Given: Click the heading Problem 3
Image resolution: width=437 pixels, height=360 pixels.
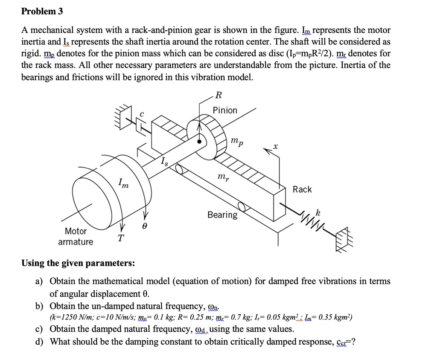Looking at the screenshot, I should click(x=42, y=12).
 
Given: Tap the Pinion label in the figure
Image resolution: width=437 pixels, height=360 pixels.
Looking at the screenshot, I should click(x=225, y=110).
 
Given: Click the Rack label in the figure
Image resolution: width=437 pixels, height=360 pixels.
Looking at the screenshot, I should click(x=302, y=189).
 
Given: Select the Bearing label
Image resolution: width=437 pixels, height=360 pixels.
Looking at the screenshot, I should click(x=222, y=215).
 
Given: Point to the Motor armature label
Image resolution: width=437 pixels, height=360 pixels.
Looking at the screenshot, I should click(x=76, y=236).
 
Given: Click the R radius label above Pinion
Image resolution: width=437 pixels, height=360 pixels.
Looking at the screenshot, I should click(x=219, y=95).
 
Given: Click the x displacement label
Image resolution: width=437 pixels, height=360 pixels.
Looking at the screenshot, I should click(x=276, y=146).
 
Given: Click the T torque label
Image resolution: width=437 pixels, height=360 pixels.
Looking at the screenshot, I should click(x=121, y=238).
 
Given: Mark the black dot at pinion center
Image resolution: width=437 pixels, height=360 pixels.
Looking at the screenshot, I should click(x=199, y=142).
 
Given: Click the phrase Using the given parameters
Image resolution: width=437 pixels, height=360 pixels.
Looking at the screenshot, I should click(x=78, y=263).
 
